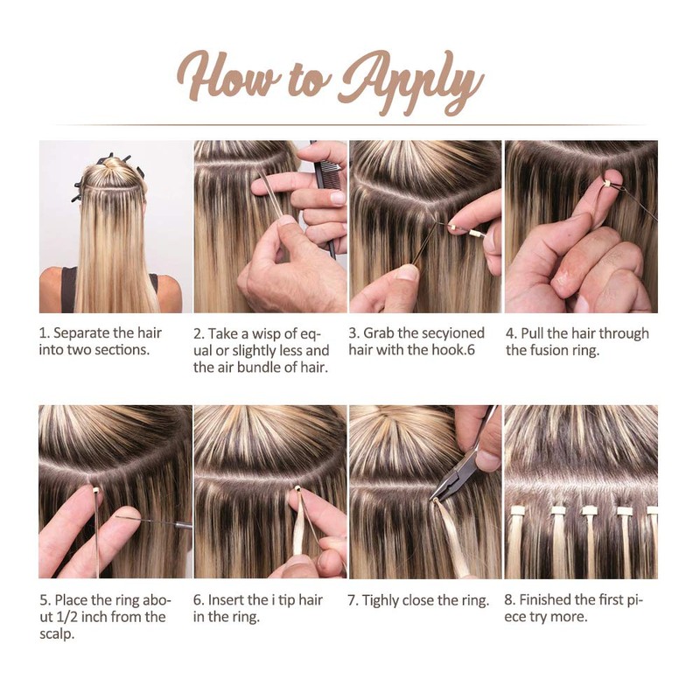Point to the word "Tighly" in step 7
381,601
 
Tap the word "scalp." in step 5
57,634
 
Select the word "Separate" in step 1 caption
81,333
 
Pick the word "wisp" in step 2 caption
269,333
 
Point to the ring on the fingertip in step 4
605,182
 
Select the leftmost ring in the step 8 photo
518,509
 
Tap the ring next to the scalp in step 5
95,490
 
